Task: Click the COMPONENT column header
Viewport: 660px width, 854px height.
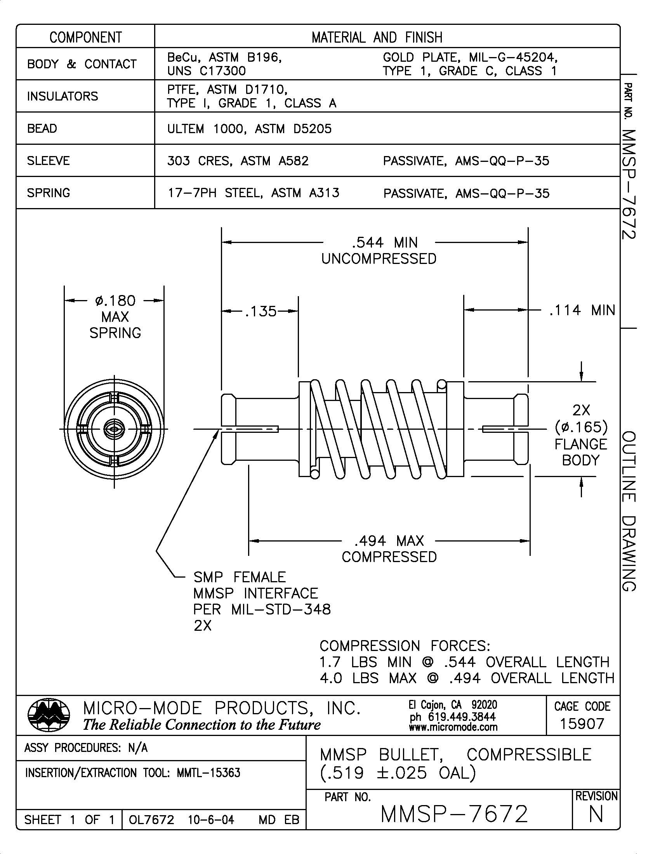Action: coord(85,38)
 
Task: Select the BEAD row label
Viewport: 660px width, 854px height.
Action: coord(42,128)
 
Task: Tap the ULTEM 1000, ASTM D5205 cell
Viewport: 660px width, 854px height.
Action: coord(249,128)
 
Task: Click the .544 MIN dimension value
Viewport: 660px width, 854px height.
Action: coord(385,243)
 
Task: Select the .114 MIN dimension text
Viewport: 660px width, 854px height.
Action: coord(582,311)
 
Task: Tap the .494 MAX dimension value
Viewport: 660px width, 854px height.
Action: coord(389,541)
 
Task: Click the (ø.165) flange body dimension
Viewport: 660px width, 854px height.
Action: coord(581,427)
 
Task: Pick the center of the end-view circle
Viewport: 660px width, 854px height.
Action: coord(114,429)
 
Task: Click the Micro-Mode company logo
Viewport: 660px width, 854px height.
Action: coord(49,715)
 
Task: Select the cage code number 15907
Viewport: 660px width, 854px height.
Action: coord(582,724)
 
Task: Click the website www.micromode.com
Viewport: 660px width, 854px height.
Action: coord(453,727)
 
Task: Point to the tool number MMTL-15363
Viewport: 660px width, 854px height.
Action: coord(208,772)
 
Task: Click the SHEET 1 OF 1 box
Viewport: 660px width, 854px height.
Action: coord(69,819)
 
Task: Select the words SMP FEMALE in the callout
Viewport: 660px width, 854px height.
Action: coord(239,577)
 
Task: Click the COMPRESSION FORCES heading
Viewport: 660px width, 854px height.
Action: coord(405,646)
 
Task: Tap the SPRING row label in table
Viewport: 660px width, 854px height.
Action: coord(48,193)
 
